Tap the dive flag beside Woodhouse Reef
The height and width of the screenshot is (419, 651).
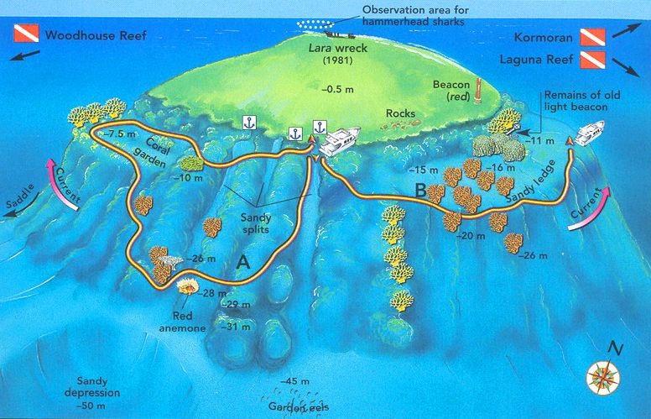click(x=25, y=35)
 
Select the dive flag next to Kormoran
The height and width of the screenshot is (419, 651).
click(x=592, y=37)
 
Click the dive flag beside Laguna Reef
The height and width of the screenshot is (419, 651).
click(x=592, y=60)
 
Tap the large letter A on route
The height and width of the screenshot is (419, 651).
click(x=244, y=262)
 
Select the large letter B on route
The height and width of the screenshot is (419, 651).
click(x=419, y=191)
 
